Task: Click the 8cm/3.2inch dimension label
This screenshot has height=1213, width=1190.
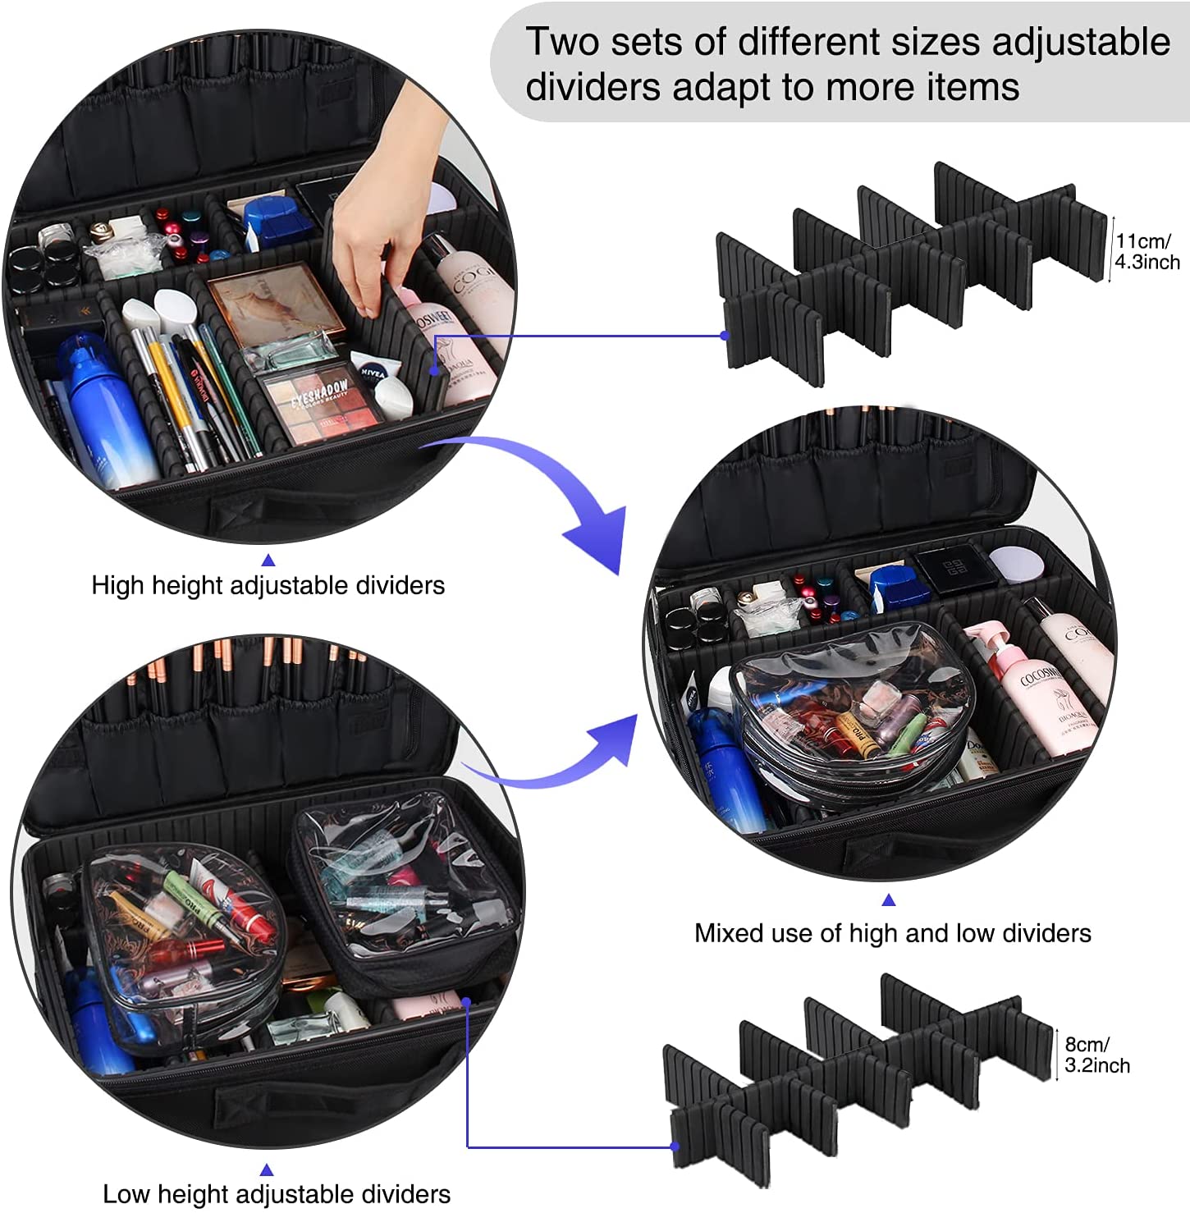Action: pos(1096,1055)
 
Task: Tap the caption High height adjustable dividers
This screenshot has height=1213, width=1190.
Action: pos(268,585)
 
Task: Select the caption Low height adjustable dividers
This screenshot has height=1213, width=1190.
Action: pos(276,1193)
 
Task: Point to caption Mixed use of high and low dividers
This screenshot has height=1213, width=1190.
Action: pos(892,933)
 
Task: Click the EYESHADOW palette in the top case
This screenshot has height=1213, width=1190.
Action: pos(318,401)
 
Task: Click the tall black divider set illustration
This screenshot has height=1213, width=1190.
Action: pos(903,271)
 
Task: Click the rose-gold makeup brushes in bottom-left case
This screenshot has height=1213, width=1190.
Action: pos(246,665)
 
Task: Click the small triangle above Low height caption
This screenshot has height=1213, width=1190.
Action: pos(266,1170)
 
